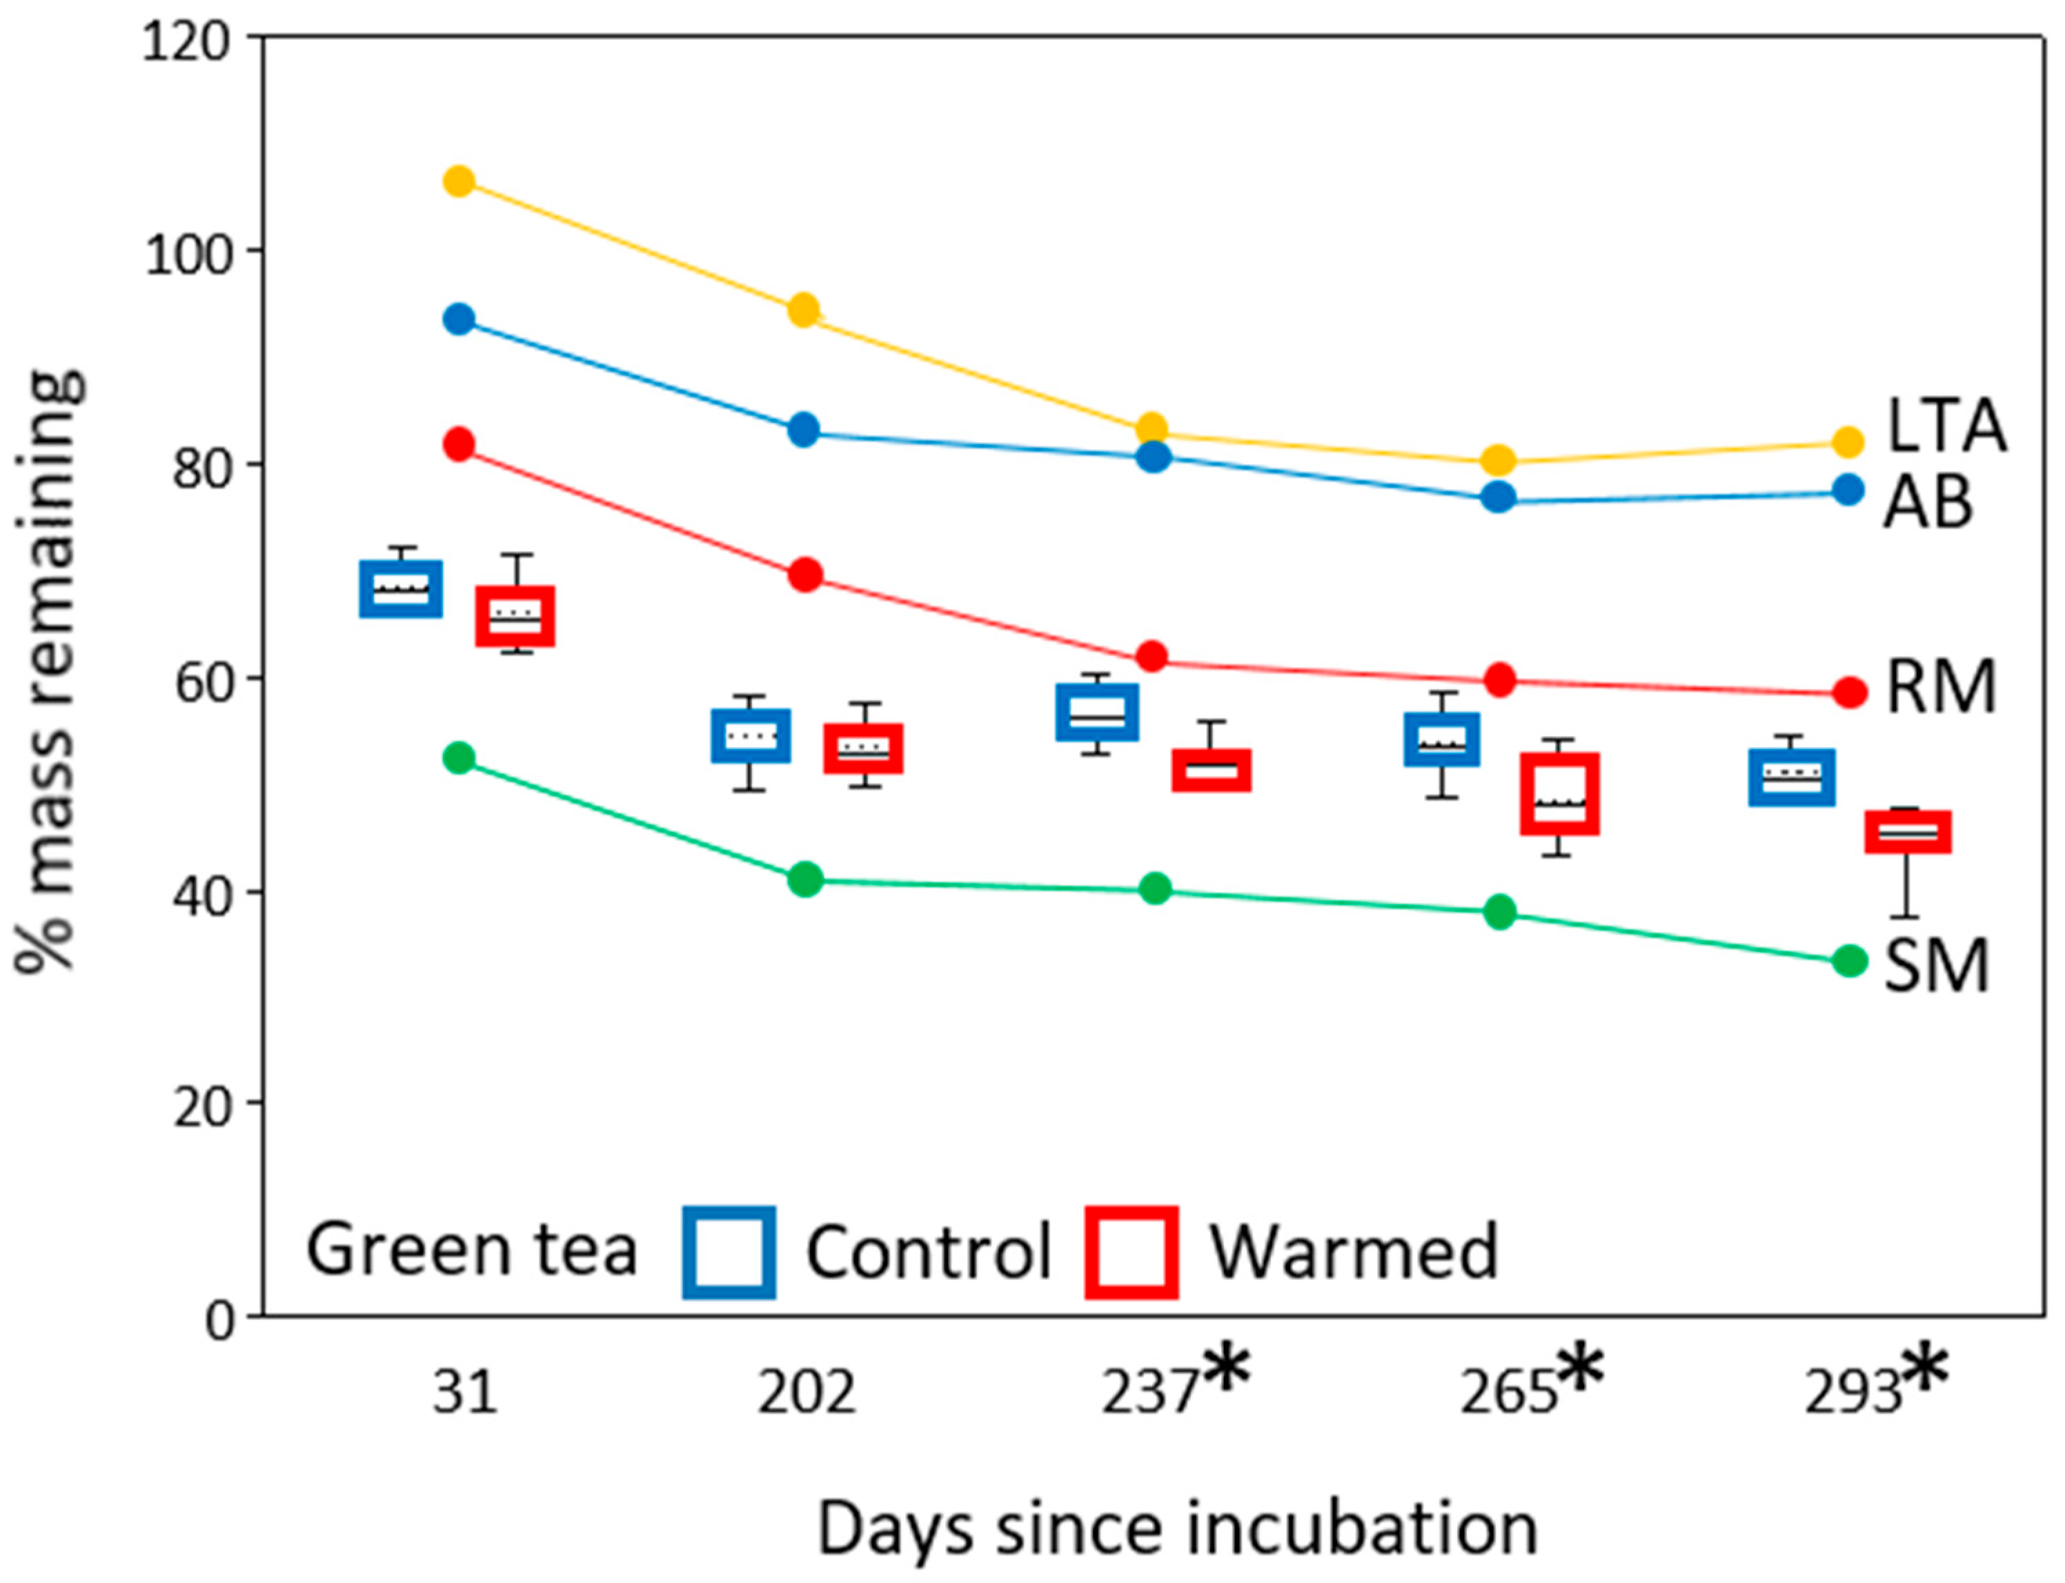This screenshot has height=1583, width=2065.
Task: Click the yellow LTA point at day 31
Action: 458,181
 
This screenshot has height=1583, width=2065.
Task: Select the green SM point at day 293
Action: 1849,961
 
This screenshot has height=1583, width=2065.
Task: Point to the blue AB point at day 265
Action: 1499,497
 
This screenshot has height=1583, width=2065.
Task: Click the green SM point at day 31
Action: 458,757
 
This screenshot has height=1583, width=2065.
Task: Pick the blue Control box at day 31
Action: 401,589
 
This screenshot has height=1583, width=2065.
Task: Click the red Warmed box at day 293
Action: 1908,832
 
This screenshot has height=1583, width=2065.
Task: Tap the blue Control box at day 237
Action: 1096,713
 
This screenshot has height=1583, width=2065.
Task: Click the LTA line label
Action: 1946,426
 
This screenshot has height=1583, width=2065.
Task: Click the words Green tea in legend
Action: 472,1251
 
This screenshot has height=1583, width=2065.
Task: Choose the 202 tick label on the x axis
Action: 806,1393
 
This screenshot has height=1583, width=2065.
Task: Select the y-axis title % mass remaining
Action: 49,669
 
